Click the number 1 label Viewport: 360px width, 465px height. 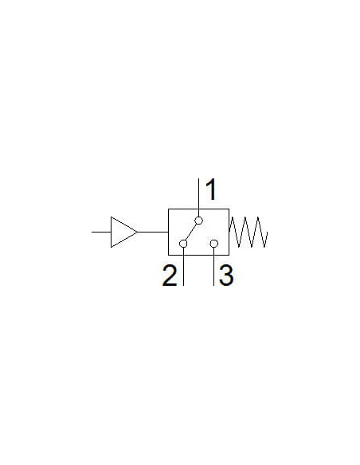pyautogui.click(x=211, y=190)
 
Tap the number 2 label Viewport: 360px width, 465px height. pyautogui.click(x=170, y=275)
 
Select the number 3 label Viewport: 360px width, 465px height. pyautogui.click(x=226, y=275)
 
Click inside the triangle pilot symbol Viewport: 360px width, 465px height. pyautogui.click(x=122, y=232)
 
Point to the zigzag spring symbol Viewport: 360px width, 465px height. pyautogui.click(x=248, y=232)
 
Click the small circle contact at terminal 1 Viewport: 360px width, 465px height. pyautogui.click(x=198, y=221)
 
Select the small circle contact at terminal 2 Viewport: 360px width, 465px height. pyautogui.click(x=183, y=244)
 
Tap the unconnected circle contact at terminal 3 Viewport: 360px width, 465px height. pyautogui.click(x=213, y=244)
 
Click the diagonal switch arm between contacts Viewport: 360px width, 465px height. pyautogui.click(x=191, y=232)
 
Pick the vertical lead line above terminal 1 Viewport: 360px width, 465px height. pyautogui.click(x=198, y=197)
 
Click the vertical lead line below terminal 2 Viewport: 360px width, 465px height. pyautogui.click(x=183, y=267)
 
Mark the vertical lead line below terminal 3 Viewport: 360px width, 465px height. pyautogui.click(x=213, y=267)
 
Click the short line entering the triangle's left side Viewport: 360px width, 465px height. pyautogui.click(x=101, y=232)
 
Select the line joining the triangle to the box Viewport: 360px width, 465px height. pyautogui.click(x=153, y=232)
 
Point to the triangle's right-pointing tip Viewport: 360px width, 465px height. pyautogui.click(x=138, y=232)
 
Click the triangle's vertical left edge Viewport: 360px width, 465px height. pyautogui.click(x=112, y=232)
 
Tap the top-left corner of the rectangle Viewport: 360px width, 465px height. pyautogui.click(x=168, y=209)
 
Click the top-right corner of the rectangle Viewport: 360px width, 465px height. pyautogui.click(x=229, y=209)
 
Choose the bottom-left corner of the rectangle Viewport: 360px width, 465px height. pyautogui.click(x=168, y=255)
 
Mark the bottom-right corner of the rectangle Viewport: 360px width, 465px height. pyautogui.click(x=229, y=255)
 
